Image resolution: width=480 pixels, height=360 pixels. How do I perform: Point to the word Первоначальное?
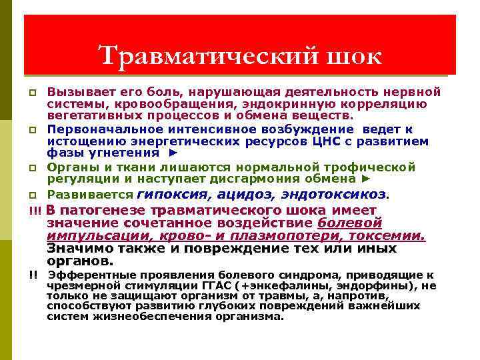click(x=103, y=129)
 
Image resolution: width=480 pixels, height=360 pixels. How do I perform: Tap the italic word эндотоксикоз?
click(x=333, y=194)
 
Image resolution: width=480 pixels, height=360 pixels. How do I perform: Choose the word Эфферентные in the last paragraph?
click(x=83, y=275)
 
